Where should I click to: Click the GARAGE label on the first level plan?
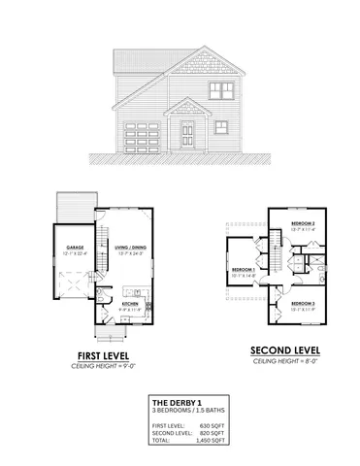(75, 248)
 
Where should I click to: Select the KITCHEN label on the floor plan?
(132, 305)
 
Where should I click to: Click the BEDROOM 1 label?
(243, 269)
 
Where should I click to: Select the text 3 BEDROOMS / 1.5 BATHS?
(192, 410)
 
